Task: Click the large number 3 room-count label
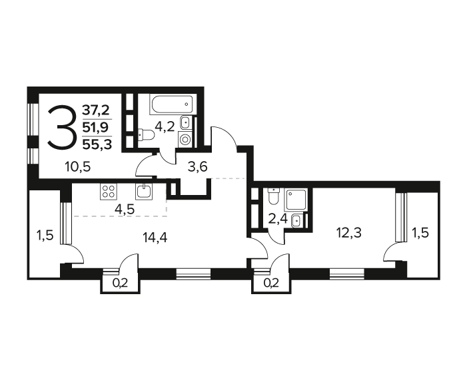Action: [x=61, y=127]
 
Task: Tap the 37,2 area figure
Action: [x=96, y=110]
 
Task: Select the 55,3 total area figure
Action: [x=97, y=145]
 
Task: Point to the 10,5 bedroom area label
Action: [x=78, y=167]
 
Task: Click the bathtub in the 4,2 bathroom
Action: [x=171, y=104]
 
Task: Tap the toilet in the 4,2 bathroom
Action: [x=146, y=135]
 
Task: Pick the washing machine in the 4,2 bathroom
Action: [x=185, y=139]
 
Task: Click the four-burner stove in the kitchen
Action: [x=109, y=191]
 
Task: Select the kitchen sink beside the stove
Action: [x=145, y=191]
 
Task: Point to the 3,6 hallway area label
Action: [x=197, y=167]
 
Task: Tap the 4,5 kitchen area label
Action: [x=125, y=209]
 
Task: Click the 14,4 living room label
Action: [x=155, y=238]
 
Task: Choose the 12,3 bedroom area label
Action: [x=349, y=232]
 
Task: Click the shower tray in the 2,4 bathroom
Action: [x=296, y=200]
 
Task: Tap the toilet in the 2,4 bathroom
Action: [x=273, y=196]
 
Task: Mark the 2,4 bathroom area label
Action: [x=278, y=220]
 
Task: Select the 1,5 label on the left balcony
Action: [x=45, y=236]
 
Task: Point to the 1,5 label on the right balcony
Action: [x=420, y=232]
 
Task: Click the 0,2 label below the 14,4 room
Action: [x=120, y=284]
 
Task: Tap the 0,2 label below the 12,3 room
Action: [x=271, y=284]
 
